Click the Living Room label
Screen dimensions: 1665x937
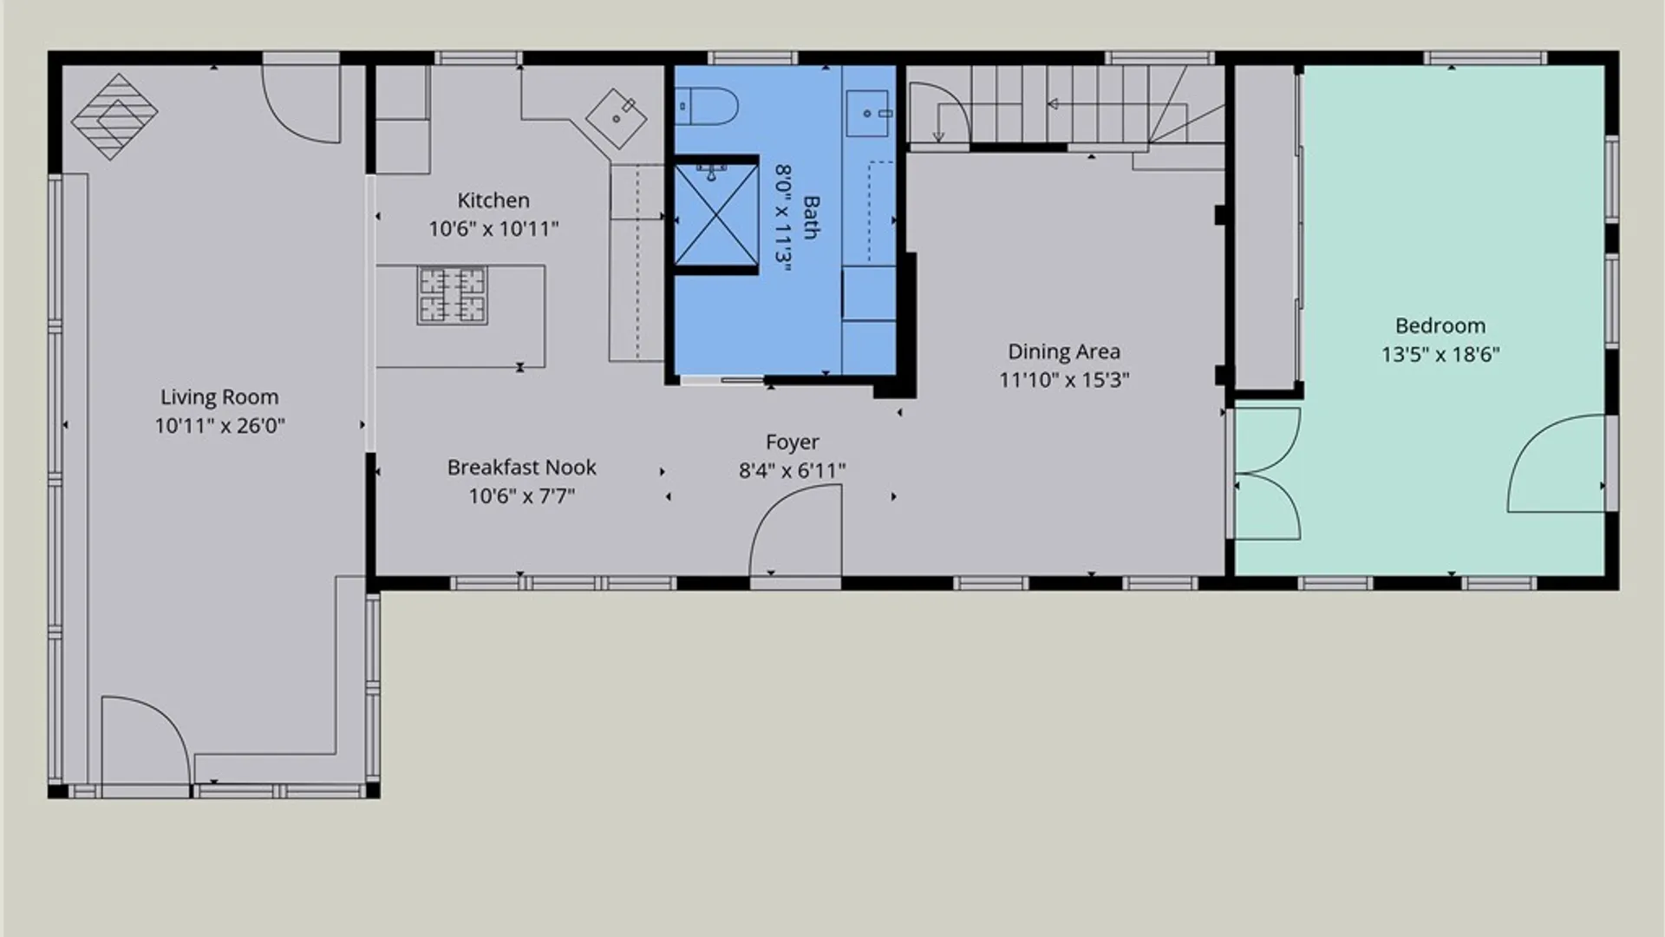click(x=219, y=397)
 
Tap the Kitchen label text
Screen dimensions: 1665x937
click(x=493, y=200)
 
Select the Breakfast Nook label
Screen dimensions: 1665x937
click(x=521, y=468)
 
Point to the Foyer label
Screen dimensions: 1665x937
click(x=792, y=442)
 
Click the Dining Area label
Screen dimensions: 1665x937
click(x=1064, y=351)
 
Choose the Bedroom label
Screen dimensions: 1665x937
click(x=1440, y=326)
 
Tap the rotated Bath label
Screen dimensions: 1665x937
click(x=811, y=217)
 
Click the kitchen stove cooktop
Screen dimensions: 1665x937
click(x=452, y=296)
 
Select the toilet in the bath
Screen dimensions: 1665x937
click(x=707, y=108)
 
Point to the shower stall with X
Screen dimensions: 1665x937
click(x=716, y=214)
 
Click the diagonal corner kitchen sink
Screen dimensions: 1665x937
click(x=617, y=118)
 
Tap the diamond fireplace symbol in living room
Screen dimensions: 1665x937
click(x=114, y=116)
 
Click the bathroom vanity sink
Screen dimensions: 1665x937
click(x=868, y=114)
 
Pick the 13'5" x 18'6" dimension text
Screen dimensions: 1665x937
click(x=1440, y=355)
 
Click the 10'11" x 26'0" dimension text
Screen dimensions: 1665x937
click(x=219, y=426)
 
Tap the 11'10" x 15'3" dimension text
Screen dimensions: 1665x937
click(x=1064, y=380)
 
